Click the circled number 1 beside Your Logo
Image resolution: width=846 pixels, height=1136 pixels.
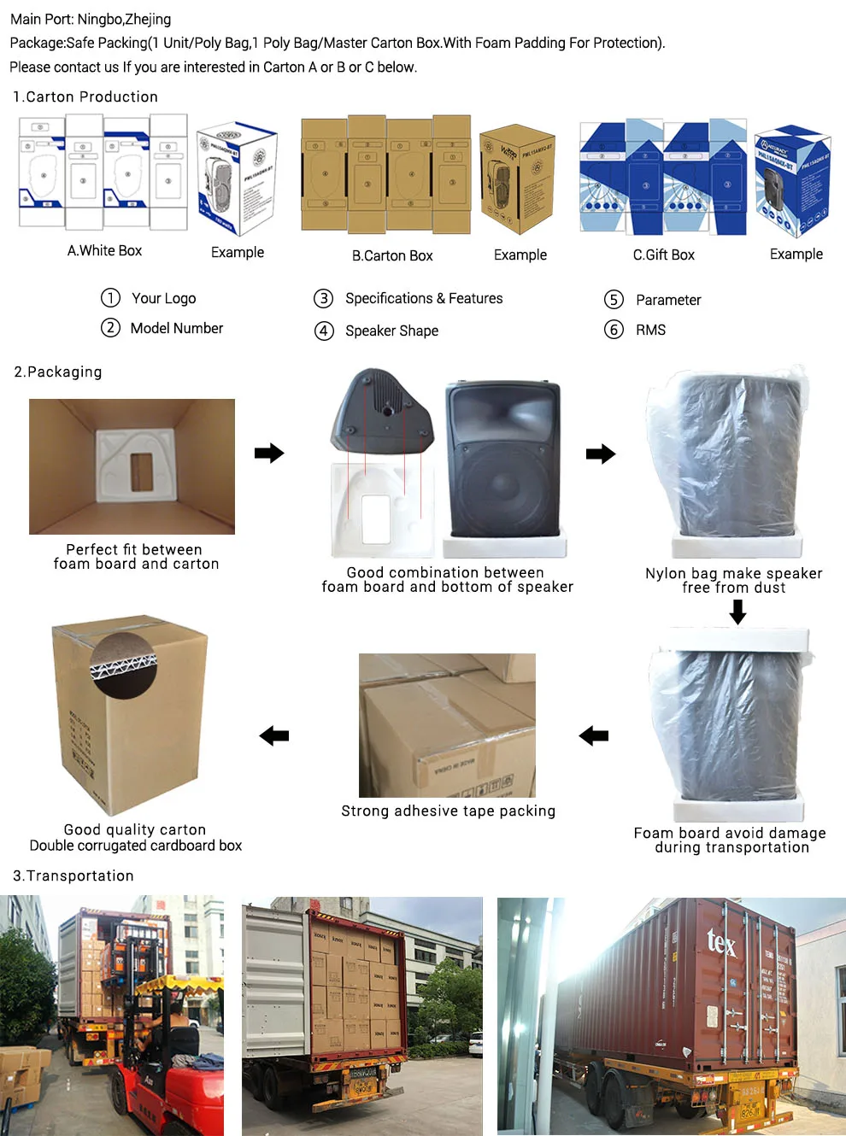coord(110,298)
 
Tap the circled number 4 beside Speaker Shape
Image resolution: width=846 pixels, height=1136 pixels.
coord(324,331)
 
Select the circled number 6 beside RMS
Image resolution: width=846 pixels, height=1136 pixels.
coord(614,330)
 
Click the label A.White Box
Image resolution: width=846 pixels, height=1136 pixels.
coord(104,251)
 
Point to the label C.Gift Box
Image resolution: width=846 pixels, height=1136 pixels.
coord(663,255)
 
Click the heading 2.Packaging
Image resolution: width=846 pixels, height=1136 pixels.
coord(58,372)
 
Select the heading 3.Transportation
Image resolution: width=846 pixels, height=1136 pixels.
coord(73,876)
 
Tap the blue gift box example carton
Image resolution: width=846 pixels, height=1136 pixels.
coord(792,180)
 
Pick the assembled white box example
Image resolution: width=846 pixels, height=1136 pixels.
coord(237,179)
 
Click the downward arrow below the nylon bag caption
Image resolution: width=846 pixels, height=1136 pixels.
coord(737,612)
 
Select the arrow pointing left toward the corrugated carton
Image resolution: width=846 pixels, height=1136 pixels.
coord(274,735)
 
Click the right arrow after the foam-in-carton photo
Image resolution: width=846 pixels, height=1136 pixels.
coord(269,453)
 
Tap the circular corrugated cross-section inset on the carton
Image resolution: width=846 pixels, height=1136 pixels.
coord(125,665)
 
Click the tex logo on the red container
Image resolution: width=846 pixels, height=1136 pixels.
coord(720,942)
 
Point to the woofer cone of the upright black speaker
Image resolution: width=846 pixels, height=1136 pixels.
coord(502,495)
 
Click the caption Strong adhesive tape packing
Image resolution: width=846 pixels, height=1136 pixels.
coord(448,811)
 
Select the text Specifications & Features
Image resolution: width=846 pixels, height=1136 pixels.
coord(424,299)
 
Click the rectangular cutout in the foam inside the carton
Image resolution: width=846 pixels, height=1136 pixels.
coord(142,471)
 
